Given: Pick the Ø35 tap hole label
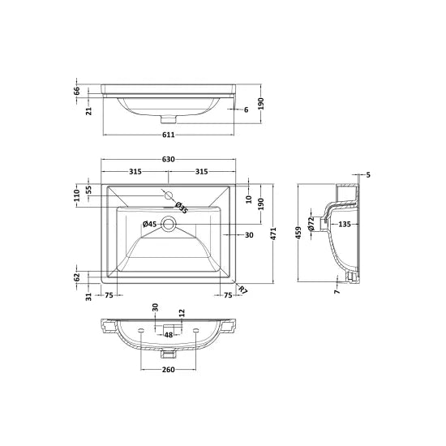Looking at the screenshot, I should point(182,208).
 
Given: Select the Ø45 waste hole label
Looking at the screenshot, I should point(149,224).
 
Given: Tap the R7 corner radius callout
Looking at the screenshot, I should point(243,289).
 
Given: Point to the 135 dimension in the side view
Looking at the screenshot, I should point(344,224).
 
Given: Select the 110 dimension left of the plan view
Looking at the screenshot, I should point(79,195).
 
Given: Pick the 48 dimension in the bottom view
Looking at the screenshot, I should point(169,333).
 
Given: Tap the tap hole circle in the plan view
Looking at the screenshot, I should point(169,195).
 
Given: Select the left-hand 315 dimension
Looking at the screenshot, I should point(135,171).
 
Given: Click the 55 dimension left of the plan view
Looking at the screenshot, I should point(90,189).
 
